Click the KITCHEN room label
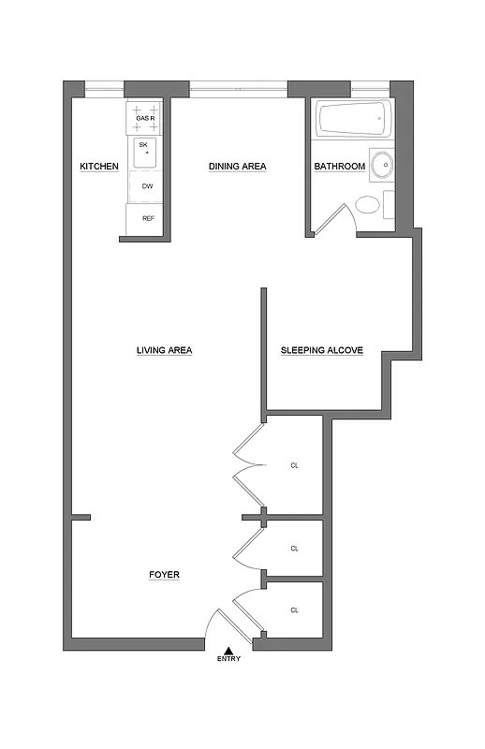pos(99,167)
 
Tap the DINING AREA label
pos(237,167)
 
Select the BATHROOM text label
pos(339,167)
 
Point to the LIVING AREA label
pos(164,351)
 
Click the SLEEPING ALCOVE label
pos(322,351)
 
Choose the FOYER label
pos(164,575)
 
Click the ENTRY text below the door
pos(228,659)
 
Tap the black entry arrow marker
pos(228,649)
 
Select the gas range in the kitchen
pos(145,118)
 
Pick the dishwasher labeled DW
pos(147,186)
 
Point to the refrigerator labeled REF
pos(147,218)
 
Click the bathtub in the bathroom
pos(351,120)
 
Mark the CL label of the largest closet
pos(294,465)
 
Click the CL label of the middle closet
pos(294,549)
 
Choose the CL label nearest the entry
pos(294,610)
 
